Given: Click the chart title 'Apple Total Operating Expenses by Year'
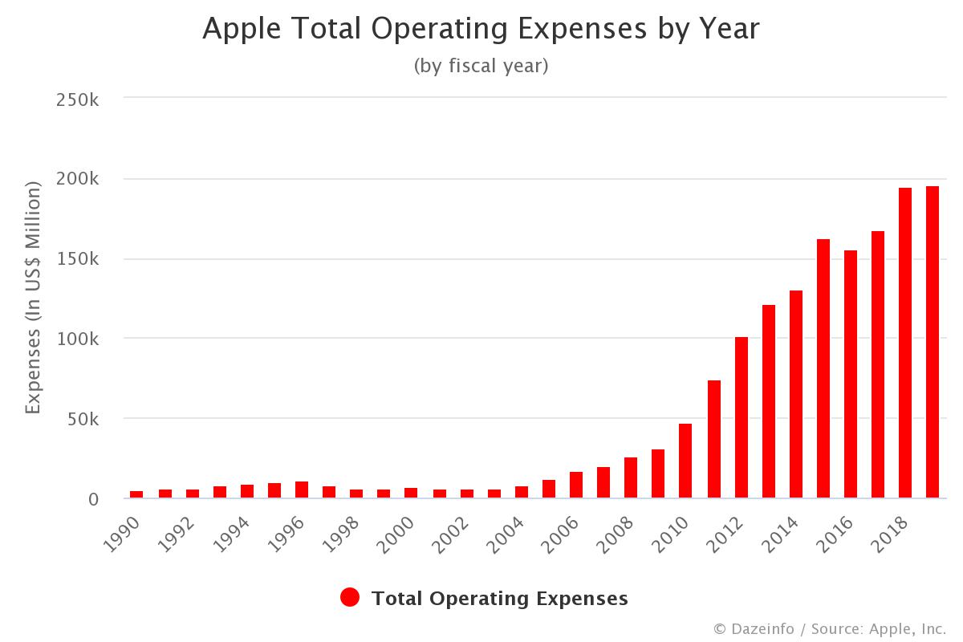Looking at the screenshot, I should [x=481, y=29].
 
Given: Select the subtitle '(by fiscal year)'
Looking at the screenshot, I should [x=481, y=66].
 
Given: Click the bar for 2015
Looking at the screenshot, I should [x=823, y=368].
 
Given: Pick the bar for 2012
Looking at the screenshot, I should [x=742, y=417].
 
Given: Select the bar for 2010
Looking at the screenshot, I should [x=685, y=461].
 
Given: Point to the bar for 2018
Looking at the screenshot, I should [x=905, y=343].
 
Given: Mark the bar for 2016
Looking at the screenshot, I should [x=851, y=374].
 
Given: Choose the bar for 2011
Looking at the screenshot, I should [x=714, y=439].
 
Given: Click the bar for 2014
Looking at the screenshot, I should [x=796, y=394].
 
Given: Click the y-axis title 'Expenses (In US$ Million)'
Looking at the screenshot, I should [x=33, y=299].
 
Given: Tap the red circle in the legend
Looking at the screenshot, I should [x=350, y=598].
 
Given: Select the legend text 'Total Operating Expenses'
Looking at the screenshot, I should [x=500, y=598].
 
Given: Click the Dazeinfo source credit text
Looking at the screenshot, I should [x=829, y=628].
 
